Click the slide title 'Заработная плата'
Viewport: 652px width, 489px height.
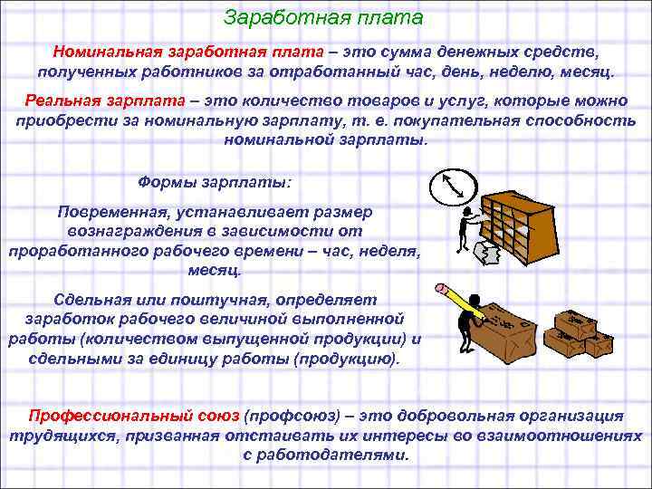coord(322,18)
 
